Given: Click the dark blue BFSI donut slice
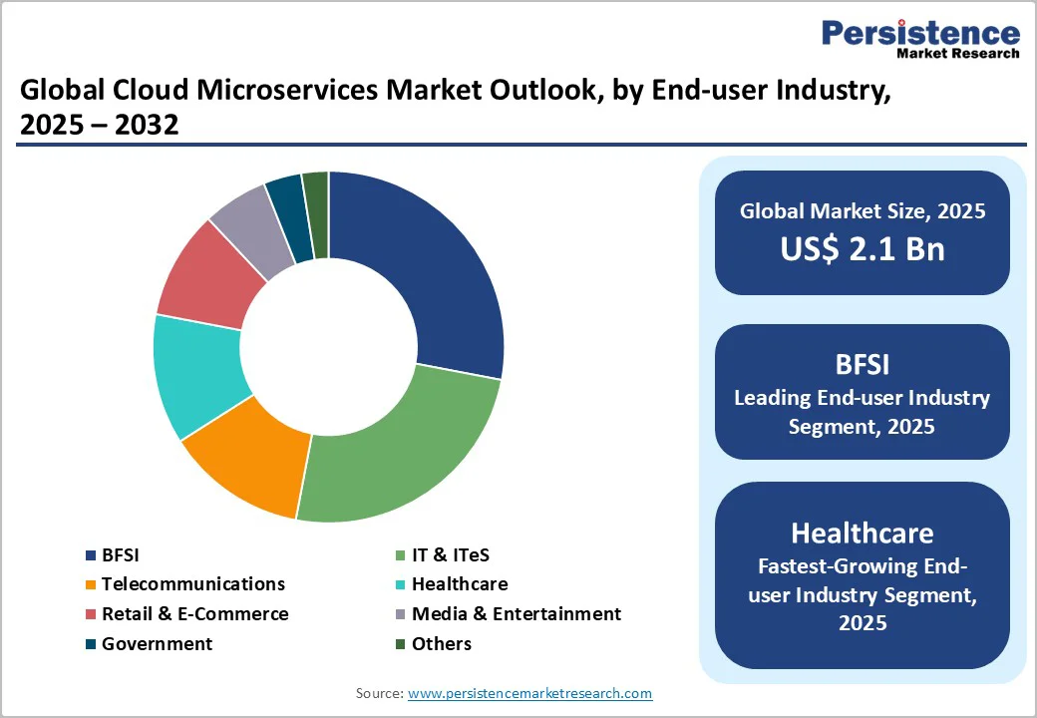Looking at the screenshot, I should [429, 269].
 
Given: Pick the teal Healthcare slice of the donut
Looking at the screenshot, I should [194, 374].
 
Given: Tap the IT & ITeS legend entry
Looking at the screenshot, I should [450, 554].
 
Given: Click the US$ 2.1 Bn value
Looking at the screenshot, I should [863, 248].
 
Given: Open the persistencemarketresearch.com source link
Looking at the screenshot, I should [529, 693].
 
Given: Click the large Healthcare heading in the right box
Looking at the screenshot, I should [863, 531].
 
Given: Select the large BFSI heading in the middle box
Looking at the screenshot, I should [863, 363].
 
